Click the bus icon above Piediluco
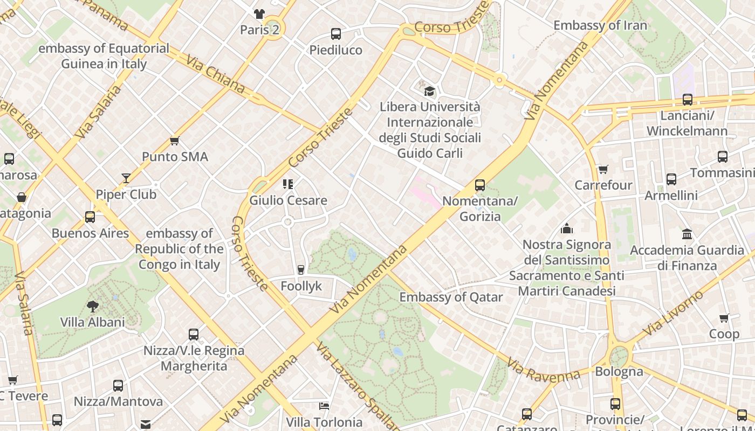click(336, 34)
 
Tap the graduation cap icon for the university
click(429, 91)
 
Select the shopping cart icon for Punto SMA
click(174, 141)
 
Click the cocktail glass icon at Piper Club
click(126, 178)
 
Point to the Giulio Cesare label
click(288, 200)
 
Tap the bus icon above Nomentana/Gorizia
click(480, 185)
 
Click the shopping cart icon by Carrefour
click(603, 170)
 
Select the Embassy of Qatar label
click(451, 297)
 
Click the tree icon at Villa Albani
click(93, 307)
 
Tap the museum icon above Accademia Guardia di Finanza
click(687, 234)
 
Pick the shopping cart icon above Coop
click(724, 318)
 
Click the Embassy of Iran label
click(600, 25)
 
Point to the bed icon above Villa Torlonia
click(324, 406)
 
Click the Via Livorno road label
click(674, 312)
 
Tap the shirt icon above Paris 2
click(259, 13)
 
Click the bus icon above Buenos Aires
click(90, 217)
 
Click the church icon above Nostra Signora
click(566, 228)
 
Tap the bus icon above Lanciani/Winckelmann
click(688, 100)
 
